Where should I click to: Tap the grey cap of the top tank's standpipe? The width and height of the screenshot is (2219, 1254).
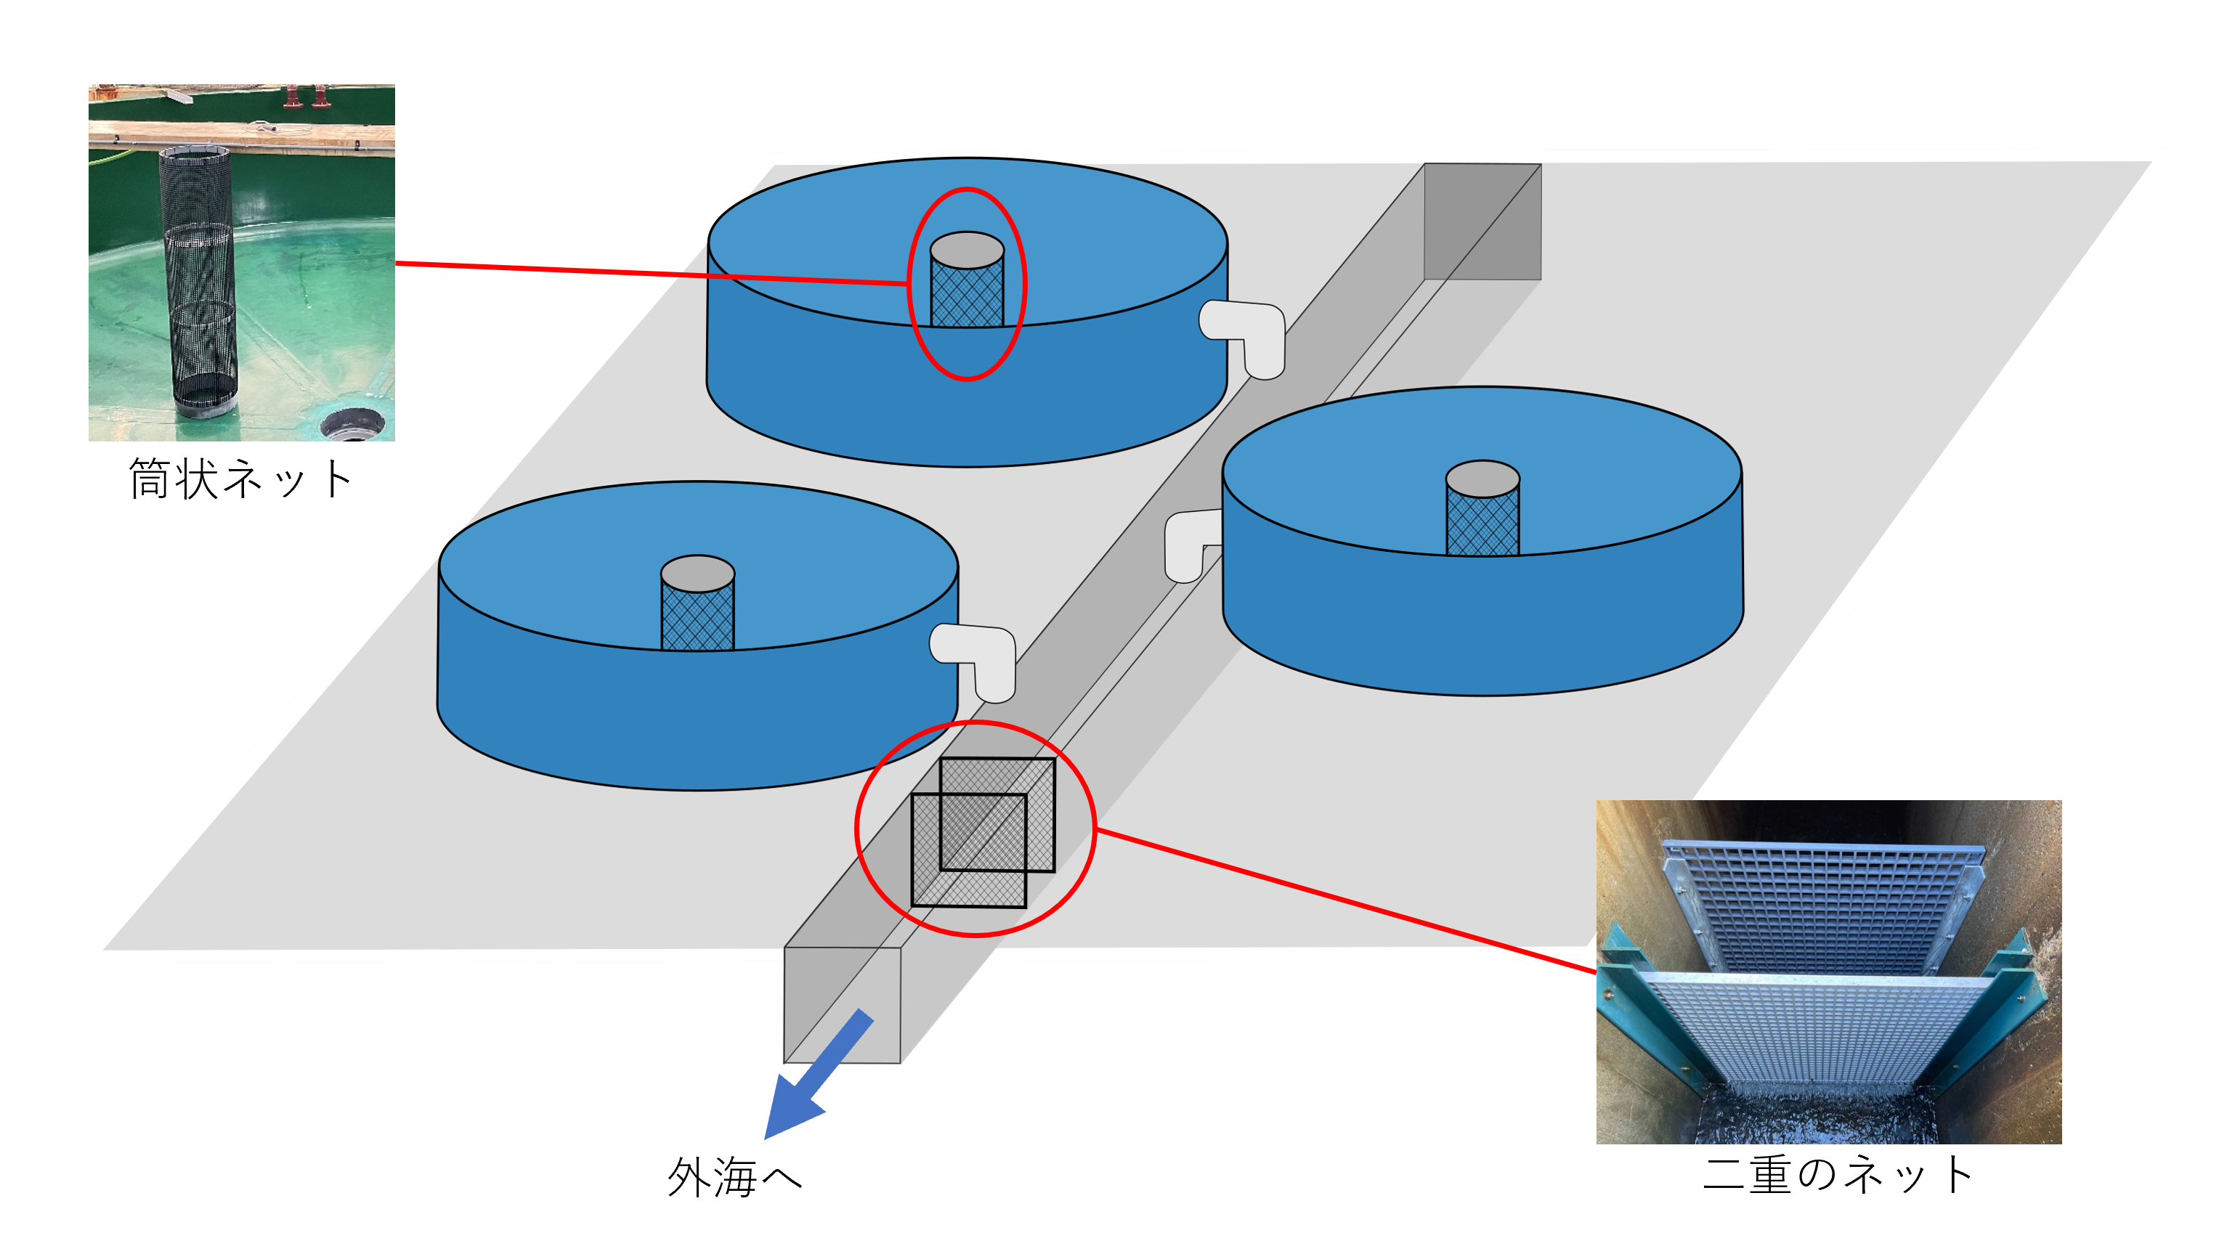click(x=967, y=250)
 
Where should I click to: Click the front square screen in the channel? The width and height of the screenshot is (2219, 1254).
click(x=968, y=851)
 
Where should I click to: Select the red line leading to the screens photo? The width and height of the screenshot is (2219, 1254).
click(x=1344, y=900)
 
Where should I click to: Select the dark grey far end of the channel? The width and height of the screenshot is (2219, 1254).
click(x=1482, y=221)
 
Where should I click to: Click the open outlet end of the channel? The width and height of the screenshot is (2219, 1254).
click(x=842, y=1005)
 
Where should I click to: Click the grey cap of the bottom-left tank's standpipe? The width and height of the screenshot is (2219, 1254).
click(x=698, y=574)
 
